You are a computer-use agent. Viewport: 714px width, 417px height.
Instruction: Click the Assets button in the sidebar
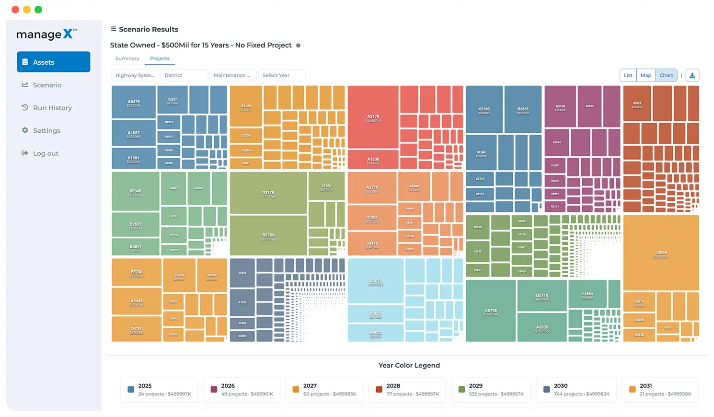coord(53,62)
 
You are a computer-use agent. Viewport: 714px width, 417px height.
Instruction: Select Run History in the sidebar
coord(52,108)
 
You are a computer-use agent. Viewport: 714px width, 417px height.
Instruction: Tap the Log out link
coord(46,153)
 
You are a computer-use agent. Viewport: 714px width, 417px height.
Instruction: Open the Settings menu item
coord(46,131)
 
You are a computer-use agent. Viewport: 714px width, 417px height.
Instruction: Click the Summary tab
coord(127,58)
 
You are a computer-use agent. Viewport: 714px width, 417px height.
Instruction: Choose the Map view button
coord(646,75)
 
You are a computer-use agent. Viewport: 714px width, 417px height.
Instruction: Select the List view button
coord(628,75)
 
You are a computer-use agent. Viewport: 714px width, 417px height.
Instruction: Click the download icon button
coord(692,75)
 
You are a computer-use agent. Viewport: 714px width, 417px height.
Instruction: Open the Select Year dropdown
coord(282,75)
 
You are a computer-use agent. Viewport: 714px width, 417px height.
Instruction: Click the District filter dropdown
coord(184,75)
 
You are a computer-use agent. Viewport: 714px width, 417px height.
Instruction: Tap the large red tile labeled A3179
coord(373,117)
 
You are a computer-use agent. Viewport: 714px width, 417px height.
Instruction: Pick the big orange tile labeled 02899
coord(661,254)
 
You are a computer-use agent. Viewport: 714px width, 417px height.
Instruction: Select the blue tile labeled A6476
coord(134,103)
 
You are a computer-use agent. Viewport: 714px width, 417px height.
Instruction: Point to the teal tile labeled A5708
coord(491,312)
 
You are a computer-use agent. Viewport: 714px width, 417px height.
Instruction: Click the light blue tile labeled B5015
coord(376,281)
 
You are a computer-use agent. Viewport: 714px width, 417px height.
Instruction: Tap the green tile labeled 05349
coord(136,192)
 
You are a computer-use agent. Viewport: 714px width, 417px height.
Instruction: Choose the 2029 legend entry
coord(491,389)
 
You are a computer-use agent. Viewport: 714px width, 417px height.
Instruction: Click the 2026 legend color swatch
coord(214,390)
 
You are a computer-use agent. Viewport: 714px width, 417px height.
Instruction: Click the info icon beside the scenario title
coord(298,46)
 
